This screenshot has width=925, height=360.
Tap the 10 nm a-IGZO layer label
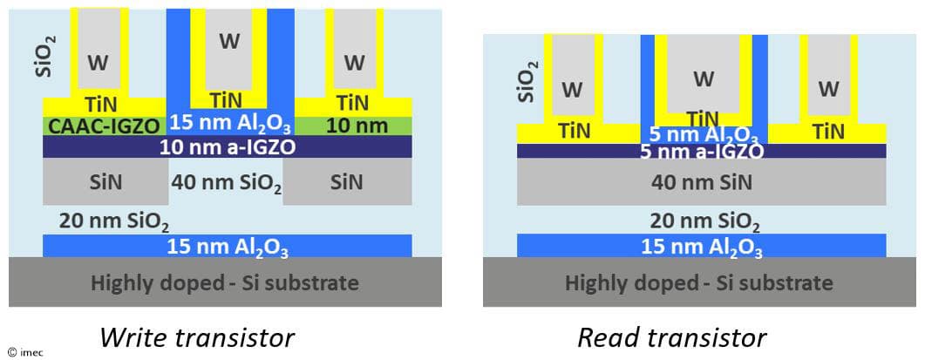pos(228,146)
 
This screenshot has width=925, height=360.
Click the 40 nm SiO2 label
pos(228,183)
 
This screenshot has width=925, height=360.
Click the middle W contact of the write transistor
pos(229,41)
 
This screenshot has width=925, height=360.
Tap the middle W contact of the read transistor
pos(703,78)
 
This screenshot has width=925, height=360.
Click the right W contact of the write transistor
pos(354,62)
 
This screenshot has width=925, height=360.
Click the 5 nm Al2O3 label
pos(703,134)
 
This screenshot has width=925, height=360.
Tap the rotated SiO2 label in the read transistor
pos(525,82)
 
